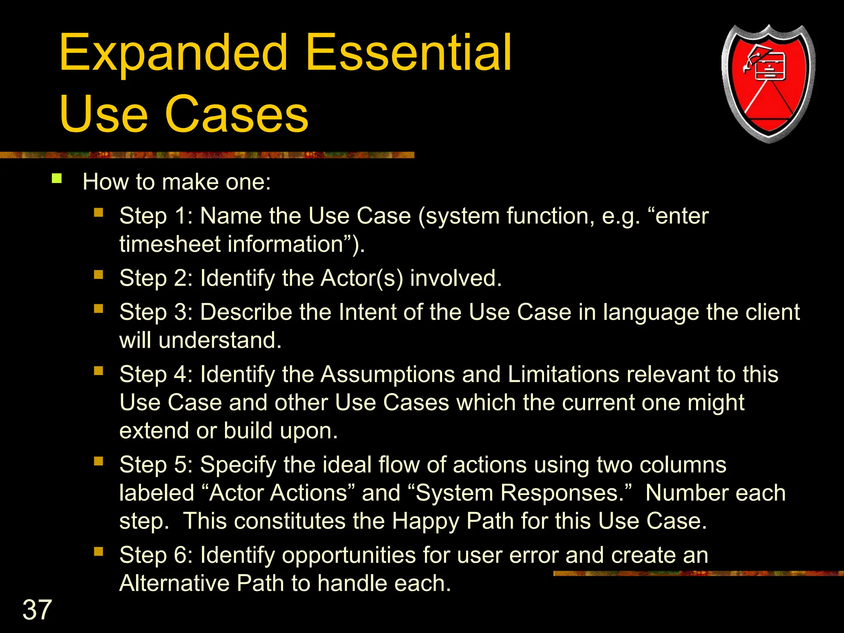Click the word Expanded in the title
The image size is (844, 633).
tap(173, 54)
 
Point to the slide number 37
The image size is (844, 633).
tap(37, 610)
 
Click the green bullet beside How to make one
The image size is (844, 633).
tap(57, 178)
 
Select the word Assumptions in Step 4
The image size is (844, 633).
tap(387, 375)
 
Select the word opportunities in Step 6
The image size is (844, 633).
tap(349, 556)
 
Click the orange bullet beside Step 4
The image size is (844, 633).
tap(98, 371)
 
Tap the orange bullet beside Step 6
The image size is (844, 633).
tap(98, 552)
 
